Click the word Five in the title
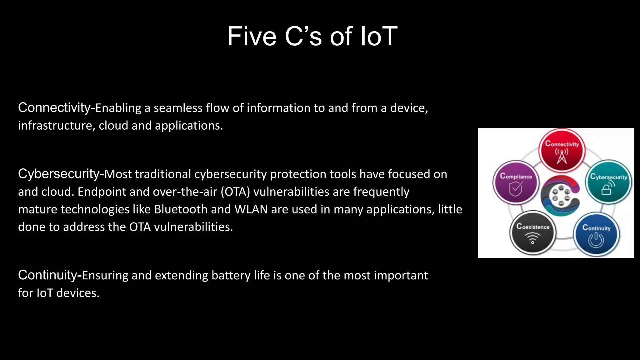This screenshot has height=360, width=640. coord(252,37)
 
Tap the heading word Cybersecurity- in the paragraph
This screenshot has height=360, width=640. coord(61,174)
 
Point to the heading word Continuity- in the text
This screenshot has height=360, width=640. coord(50,275)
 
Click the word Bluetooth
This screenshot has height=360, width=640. coord(181,209)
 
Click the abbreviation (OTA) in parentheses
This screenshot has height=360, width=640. coord(235,192)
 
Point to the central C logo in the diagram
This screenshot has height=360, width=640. coord(561,196)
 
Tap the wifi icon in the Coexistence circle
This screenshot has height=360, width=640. coord(532,238)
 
